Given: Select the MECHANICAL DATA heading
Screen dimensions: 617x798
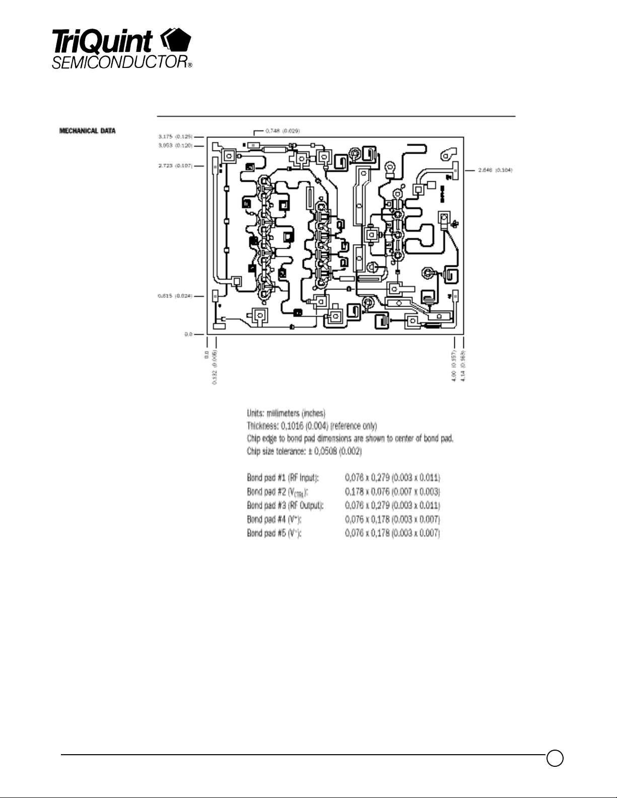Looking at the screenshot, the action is coord(87,131).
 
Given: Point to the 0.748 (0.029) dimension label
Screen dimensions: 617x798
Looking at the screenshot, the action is coord(283,131).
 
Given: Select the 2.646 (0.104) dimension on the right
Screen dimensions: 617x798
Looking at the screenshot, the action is coord(495,170).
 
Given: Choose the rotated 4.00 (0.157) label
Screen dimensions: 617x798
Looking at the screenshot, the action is coord(454,365).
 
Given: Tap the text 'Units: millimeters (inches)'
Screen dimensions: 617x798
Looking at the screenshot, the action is coord(286,413).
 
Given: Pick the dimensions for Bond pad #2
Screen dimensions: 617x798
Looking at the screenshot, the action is coord(392,491).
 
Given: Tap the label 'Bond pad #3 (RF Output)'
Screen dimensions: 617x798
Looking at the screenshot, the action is coord(285,505).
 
